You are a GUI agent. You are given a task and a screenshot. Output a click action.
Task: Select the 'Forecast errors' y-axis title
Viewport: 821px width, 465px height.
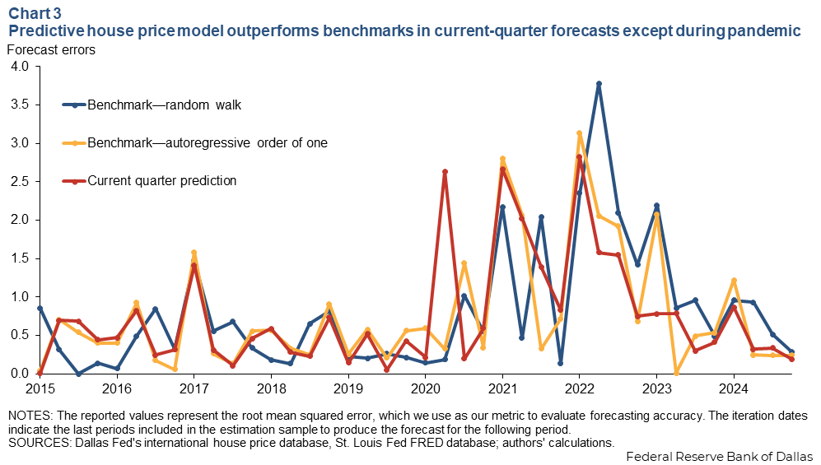tap(51, 49)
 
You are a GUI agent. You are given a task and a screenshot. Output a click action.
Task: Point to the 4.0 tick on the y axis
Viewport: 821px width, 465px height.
tap(18, 67)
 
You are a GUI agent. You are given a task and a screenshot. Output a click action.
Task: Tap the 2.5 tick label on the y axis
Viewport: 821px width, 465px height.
tap(18, 182)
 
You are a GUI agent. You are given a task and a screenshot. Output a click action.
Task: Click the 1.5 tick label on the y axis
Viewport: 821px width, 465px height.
tap(18, 258)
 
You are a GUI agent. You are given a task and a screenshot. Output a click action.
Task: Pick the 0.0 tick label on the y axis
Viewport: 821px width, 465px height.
tap(18, 374)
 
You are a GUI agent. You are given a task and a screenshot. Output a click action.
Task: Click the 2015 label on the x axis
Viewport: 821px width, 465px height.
tap(40, 388)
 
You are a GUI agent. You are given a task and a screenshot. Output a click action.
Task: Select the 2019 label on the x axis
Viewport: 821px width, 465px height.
tap(348, 388)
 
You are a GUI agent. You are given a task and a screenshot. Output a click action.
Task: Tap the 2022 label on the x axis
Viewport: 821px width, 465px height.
tap(580, 388)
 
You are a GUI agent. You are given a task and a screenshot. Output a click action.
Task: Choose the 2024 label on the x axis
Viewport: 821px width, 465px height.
tap(734, 388)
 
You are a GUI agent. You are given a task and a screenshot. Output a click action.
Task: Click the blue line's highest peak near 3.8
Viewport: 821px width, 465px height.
tap(599, 84)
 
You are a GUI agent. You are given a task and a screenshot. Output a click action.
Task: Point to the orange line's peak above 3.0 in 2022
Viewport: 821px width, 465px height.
tap(580, 133)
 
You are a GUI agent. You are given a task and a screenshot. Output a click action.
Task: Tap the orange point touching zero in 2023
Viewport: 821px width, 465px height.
tap(676, 373)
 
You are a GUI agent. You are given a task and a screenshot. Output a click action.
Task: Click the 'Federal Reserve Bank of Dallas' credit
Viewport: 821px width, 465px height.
tap(720, 457)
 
